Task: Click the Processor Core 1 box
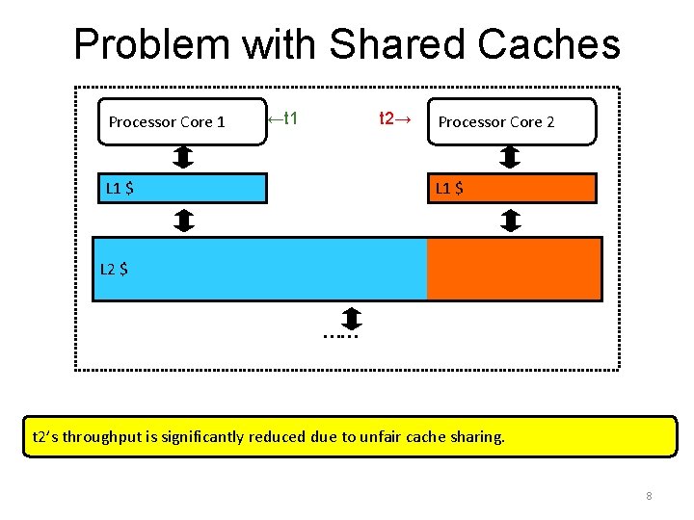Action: [x=182, y=121]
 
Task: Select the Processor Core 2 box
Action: [x=511, y=121]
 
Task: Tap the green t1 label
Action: [x=282, y=119]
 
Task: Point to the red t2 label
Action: [x=395, y=119]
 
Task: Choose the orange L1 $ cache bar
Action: [x=511, y=188]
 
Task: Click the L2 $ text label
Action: [x=114, y=269]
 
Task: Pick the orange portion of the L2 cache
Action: [x=514, y=269]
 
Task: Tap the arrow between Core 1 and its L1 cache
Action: [x=183, y=157]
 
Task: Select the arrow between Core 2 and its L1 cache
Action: [x=511, y=157]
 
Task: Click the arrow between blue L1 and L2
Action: [x=183, y=221]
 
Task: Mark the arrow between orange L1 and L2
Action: [x=512, y=221]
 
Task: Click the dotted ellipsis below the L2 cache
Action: [x=341, y=336]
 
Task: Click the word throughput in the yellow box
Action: [x=104, y=436]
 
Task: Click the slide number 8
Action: [x=649, y=496]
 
